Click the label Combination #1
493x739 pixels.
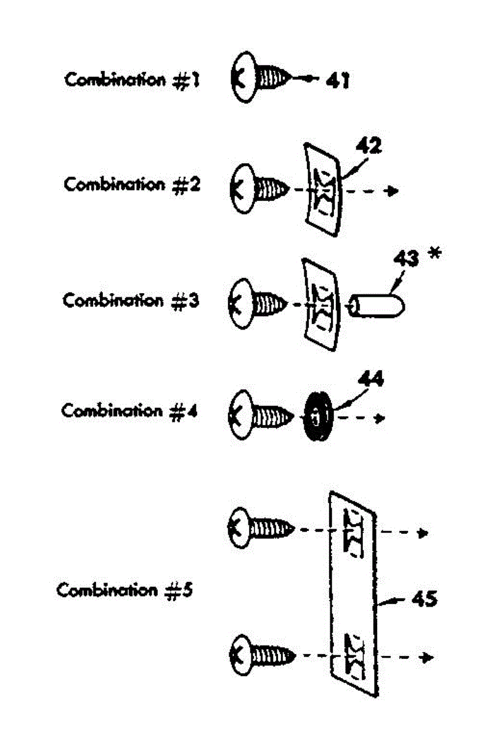tap(132, 80)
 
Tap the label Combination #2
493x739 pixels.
tap(132, 184)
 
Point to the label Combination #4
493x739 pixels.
tap(129, 411)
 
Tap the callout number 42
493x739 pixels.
tap(369, 147)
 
